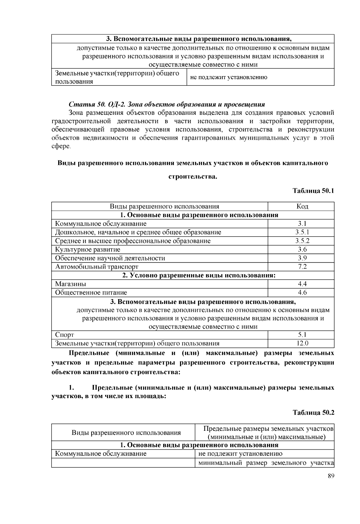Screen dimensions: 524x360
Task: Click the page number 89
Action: tap(331, 476)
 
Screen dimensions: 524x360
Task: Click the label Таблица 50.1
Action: tap(313, 191)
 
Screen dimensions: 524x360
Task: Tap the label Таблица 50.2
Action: tap(313, 412)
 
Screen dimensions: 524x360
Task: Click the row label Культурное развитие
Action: tap(88, 250)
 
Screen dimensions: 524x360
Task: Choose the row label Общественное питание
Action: tap(91, 293)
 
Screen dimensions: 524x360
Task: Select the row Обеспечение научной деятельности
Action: tap(110, 258)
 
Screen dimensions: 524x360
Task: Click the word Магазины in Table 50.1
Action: tap(70, 284)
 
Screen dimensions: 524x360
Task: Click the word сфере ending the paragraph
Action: tap(61, 147)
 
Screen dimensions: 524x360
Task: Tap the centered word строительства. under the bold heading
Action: tap(193, 177)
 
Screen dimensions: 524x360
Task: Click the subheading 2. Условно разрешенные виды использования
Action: tap(199, 275)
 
